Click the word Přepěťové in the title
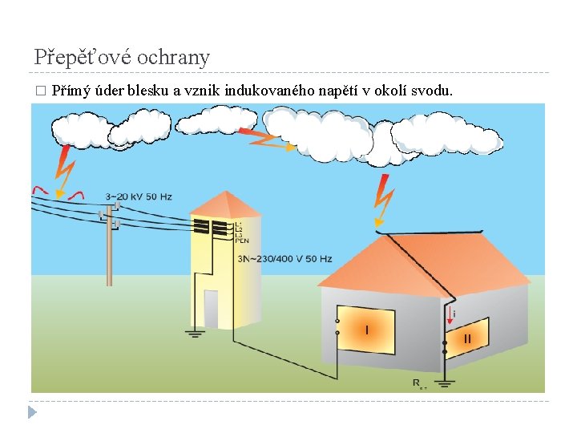point(83,57)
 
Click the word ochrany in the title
point(173,57)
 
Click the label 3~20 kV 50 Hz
point(138,196)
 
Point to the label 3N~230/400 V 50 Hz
point(284,259)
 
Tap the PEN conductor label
point(241,240)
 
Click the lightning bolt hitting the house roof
point(384,200)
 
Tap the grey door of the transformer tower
point(211,310)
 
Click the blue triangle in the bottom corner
point(32,412)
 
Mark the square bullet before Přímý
point(40,91)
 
